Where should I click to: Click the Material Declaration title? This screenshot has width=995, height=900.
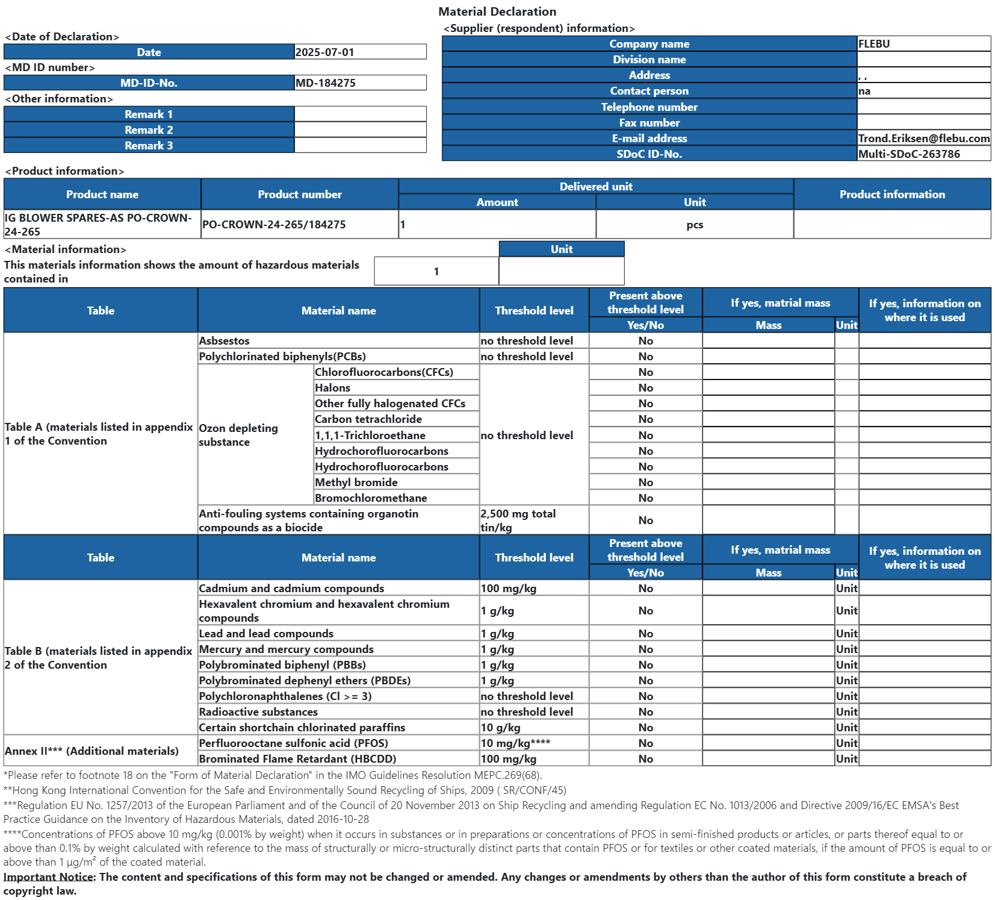pos(497,11)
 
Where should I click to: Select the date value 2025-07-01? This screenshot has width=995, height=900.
pos(324,52)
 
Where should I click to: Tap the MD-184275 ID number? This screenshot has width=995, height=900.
pos(326,83)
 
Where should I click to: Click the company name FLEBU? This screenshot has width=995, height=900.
pos(874,44)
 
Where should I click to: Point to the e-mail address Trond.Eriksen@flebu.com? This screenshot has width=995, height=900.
pos(923,139)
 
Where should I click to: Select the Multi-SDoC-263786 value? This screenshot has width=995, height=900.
pos(909,154)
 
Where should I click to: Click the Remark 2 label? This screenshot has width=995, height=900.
pos(149,130)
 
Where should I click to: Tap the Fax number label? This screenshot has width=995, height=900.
pos(649,123)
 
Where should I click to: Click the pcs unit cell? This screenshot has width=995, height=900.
pos(695,225)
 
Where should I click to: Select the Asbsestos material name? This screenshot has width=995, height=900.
pos(224,341)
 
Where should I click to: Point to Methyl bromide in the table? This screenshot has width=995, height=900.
pos(356,483)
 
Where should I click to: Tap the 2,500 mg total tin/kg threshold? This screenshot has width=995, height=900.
pos(518,520)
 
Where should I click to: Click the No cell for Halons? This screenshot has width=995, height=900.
pos(645,388)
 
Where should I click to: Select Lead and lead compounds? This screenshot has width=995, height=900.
pos(266,634)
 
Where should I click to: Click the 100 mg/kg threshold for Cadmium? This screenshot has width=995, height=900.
pos(508,589)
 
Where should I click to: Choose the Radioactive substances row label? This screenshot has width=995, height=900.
pos(258,712)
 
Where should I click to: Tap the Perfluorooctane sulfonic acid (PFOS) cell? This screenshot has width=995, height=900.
pos(293,743)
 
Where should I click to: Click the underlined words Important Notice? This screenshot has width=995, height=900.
pos(49,877)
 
